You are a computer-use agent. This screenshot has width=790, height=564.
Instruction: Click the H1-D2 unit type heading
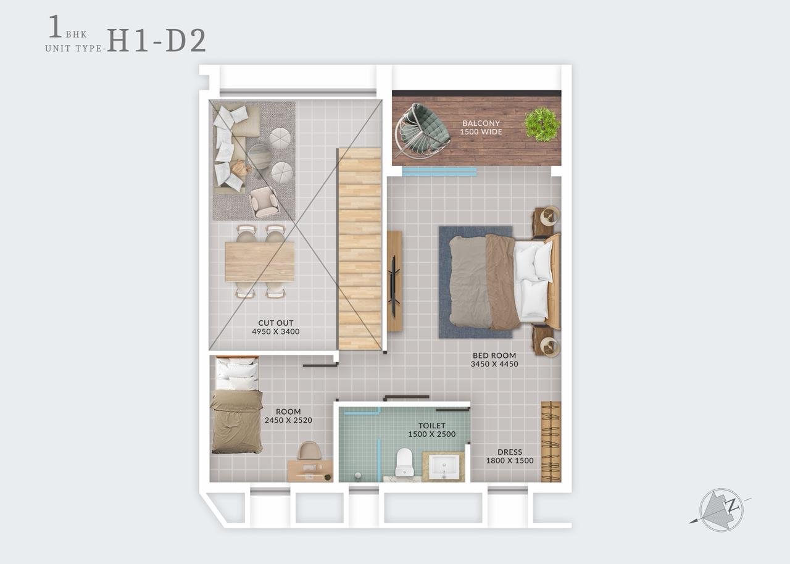(x=157, y=41)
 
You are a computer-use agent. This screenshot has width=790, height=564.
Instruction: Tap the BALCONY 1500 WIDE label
(x=481, y=128)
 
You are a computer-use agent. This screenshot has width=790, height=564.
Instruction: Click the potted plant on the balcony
(x=542, y=125)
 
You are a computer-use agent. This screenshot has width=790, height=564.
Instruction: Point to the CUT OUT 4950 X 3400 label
(x=275, y=327)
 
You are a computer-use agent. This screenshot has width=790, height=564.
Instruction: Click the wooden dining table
(x=260, y=262)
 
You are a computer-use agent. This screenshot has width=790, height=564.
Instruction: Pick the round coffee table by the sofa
(x=260, y=157)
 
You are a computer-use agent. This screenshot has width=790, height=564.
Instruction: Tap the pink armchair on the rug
(x=264, y=202)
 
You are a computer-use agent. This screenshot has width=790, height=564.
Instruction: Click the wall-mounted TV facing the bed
(x=393, y=281)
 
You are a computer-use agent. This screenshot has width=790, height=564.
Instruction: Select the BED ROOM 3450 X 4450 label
(x=494, y=360)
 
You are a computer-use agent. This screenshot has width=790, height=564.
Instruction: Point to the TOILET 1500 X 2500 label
(x=431, y=430)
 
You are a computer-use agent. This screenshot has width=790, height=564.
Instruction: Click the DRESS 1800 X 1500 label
(x=510, y=456)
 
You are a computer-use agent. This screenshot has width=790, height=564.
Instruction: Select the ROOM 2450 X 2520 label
(x=288, y=416)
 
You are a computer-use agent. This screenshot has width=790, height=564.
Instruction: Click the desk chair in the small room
(x=309, y=451)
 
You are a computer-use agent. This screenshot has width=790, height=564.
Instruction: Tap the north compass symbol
(x=721, y=510)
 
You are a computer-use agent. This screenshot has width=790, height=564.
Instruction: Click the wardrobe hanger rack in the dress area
(x=551, y=441)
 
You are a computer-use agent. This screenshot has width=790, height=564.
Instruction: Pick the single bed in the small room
(x=236, y=405)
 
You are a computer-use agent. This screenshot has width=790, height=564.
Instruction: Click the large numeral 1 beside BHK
(x=55, y=26)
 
